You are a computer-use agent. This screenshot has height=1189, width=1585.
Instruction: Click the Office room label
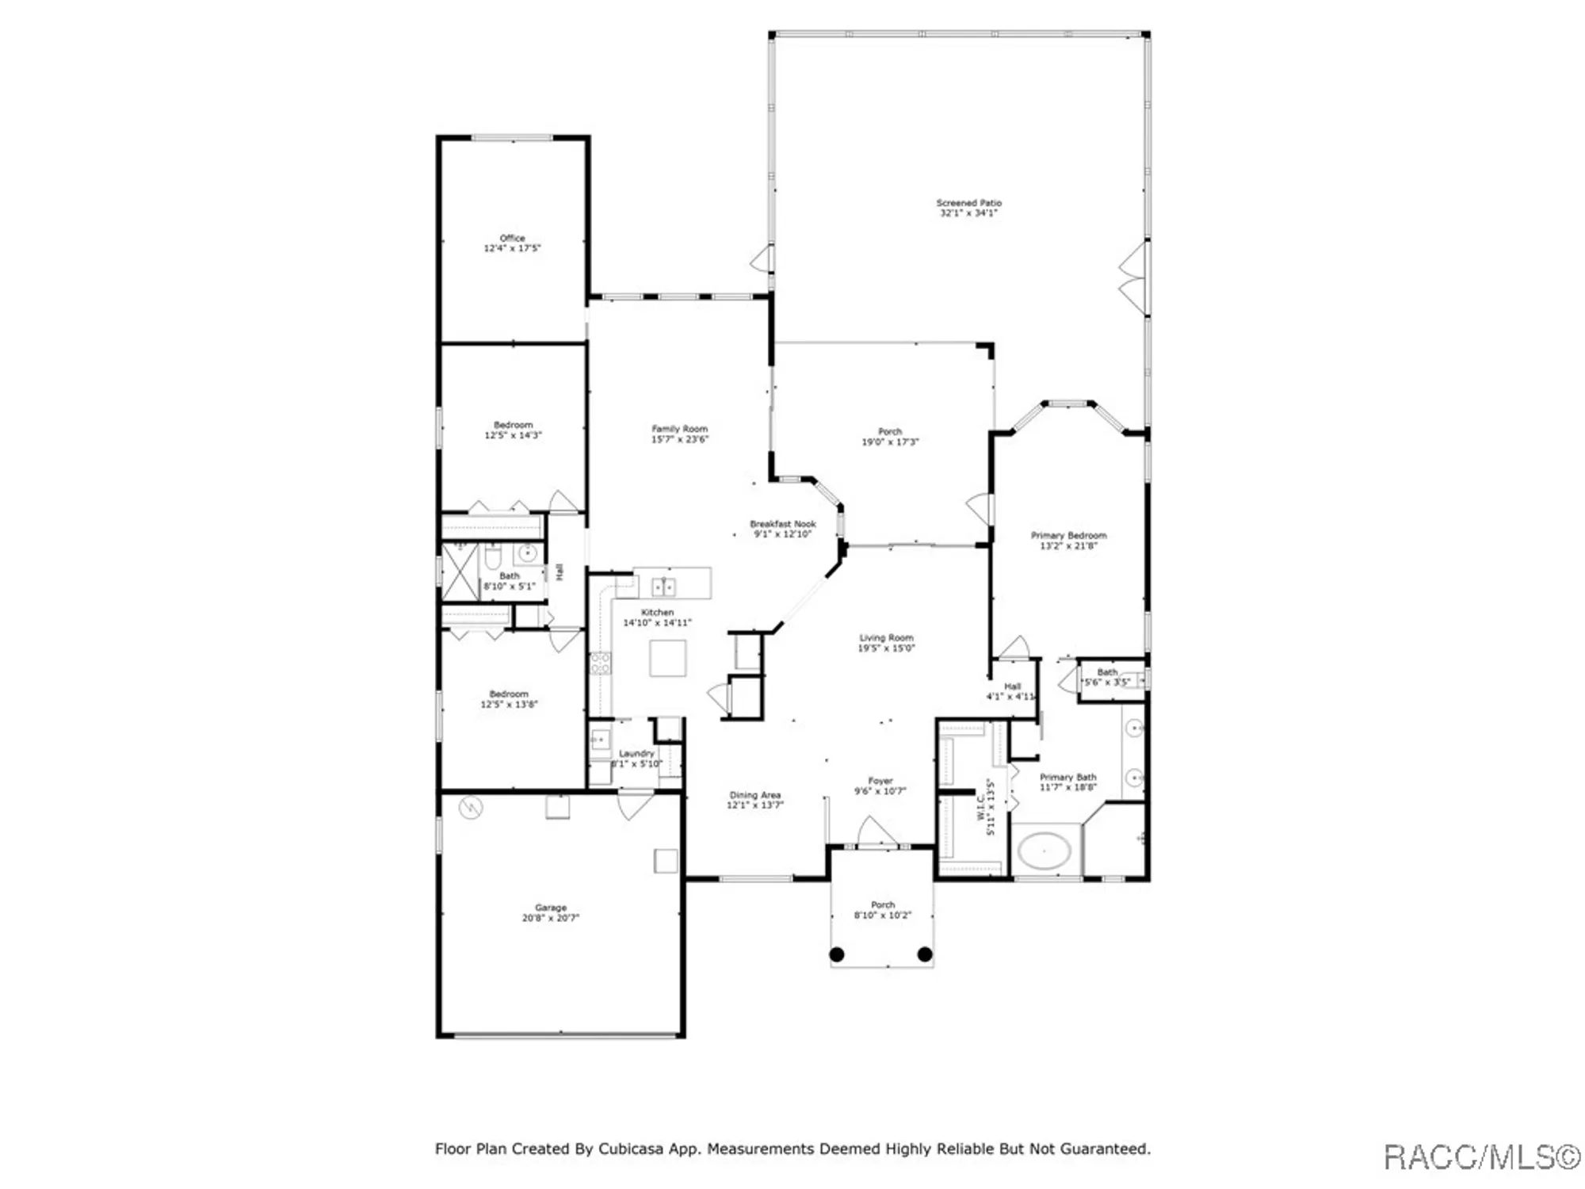512,238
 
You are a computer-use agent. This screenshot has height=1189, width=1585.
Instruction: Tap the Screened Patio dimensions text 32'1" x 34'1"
968,213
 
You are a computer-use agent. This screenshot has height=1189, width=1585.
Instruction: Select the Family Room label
679,429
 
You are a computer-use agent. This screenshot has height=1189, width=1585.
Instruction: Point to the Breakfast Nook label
782,524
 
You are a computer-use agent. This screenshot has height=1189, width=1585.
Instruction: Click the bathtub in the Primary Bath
1044,852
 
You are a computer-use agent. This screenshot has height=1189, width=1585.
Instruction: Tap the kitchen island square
667,658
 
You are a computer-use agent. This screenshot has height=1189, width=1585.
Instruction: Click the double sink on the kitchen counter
663,587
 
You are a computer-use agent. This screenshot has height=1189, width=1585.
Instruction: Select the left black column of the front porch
837,954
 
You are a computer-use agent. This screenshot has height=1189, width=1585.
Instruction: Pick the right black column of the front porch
924,954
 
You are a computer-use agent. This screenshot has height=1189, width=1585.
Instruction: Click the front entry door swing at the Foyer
877,832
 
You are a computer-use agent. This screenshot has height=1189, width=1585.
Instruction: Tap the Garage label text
550,908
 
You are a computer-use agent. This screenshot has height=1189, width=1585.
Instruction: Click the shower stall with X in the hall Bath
460,571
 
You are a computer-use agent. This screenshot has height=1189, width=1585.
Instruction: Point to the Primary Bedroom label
1068,535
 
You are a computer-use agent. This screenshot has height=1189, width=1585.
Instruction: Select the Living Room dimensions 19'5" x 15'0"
886,648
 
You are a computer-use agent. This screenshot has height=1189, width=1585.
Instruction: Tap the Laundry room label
636,753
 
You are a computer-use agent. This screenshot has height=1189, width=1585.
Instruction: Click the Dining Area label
754,795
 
